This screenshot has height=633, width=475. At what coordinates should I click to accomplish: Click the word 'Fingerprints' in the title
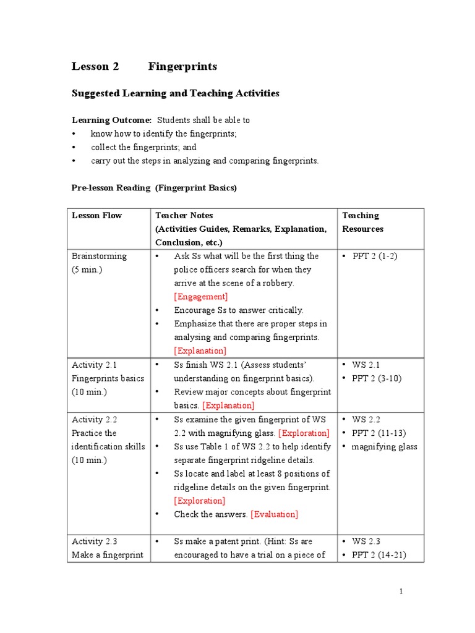[182, 66]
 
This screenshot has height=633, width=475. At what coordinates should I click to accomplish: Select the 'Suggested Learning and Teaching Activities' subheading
[176, 93]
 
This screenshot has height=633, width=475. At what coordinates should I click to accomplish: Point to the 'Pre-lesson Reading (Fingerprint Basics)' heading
[154, 188]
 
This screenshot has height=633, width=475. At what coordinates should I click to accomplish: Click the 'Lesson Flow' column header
[97, 216]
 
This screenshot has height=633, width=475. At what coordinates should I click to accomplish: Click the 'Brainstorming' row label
[99, 256]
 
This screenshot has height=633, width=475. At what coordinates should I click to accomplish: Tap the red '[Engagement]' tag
[201, 297]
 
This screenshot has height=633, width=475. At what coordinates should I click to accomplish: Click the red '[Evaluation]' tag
[274, 514]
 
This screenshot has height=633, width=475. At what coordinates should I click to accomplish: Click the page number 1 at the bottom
[401, 592]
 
